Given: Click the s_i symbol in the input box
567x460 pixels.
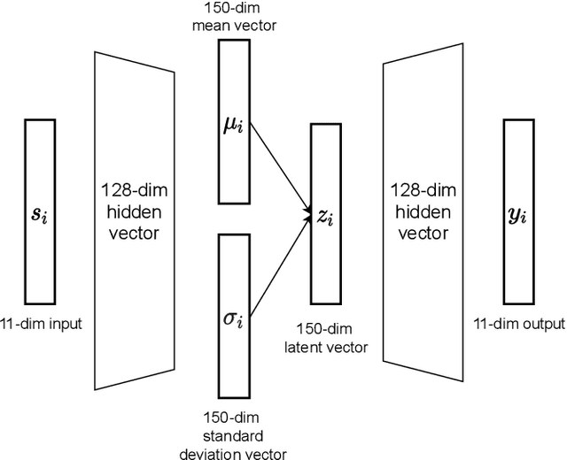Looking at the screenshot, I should pyautogui.click(x=39, y=213).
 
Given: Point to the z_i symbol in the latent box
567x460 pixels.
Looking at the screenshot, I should pyautogui.click(x=324, y=215).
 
